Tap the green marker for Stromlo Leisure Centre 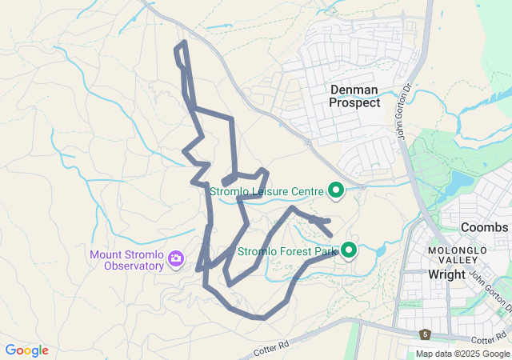tap(336, 190)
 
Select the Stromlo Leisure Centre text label tap(266, 191)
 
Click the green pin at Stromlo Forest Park tap(350, 250)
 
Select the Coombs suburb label tap(484, 227)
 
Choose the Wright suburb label tap(446, 274)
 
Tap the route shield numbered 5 tap(425, 334)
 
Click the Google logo tap(26, 350)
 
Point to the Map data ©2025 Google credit tap(462, 354)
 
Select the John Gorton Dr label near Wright tap(489, 291)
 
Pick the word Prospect tap(354, 102)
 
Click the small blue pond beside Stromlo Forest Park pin tap(378, 251)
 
